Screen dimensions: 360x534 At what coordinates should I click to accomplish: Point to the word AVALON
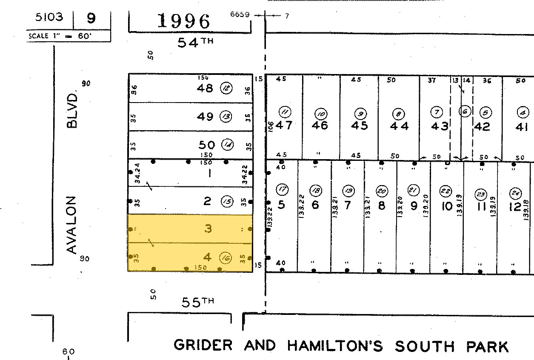[x=72, y=225]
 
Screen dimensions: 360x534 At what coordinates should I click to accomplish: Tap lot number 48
[x=205, y=89]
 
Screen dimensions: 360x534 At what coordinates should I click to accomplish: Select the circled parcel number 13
[x=226, y=116]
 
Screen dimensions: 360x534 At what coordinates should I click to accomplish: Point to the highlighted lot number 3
[x=208, y=229]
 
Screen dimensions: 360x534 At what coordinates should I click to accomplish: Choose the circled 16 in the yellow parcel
[x=226, y=257]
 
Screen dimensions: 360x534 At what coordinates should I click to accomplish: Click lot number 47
[x=284, y=126]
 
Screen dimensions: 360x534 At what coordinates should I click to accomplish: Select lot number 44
[x=399, y=126]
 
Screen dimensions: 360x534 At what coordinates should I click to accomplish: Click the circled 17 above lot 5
[x=282, y=190]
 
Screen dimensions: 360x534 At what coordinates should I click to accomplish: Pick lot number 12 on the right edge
[x=515, y=207]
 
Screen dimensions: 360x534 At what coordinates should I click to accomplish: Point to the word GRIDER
[x=203, y=345]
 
